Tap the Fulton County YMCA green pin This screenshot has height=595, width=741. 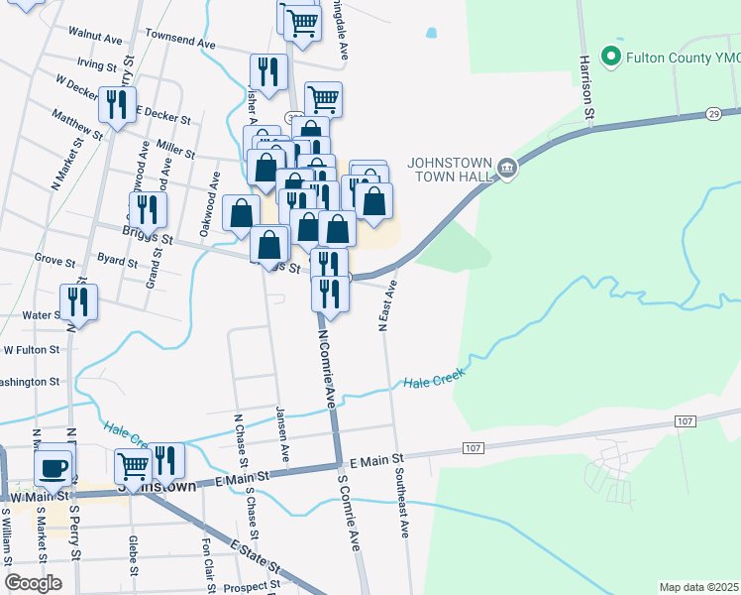(611, 57)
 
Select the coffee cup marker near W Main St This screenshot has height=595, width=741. (53, 468)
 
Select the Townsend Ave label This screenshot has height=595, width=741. (179, 44)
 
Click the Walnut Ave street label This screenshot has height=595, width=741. (95, 33)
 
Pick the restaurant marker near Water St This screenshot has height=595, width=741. (78, 301)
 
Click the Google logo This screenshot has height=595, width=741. (33, 582)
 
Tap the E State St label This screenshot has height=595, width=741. (257, 558)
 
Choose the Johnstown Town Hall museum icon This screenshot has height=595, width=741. (507, 169)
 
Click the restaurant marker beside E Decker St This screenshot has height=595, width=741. (118, 104)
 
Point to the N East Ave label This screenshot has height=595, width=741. (387, 304)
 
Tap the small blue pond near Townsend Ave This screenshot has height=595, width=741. (431, 33)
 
